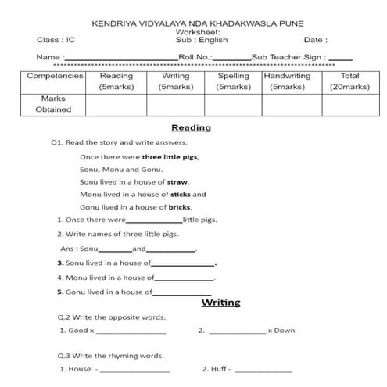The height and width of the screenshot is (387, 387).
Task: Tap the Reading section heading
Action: pyautogui.click(x=191, y=127)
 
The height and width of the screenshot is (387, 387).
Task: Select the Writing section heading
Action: pyautogui.click(x=220, y=303)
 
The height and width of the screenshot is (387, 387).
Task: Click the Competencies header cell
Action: pyautogui.click(x=55, y=76)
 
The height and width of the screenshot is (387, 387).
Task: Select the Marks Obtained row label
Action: pyautogui.click(x=53, y=104)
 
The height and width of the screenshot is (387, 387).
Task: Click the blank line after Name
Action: pyautogui.click(x=120, y=59)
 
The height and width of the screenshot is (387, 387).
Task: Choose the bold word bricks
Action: pyautogui.click(x=180, y=207)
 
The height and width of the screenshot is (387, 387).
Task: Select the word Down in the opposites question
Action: pyautogui.click(x=285, y=331)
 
